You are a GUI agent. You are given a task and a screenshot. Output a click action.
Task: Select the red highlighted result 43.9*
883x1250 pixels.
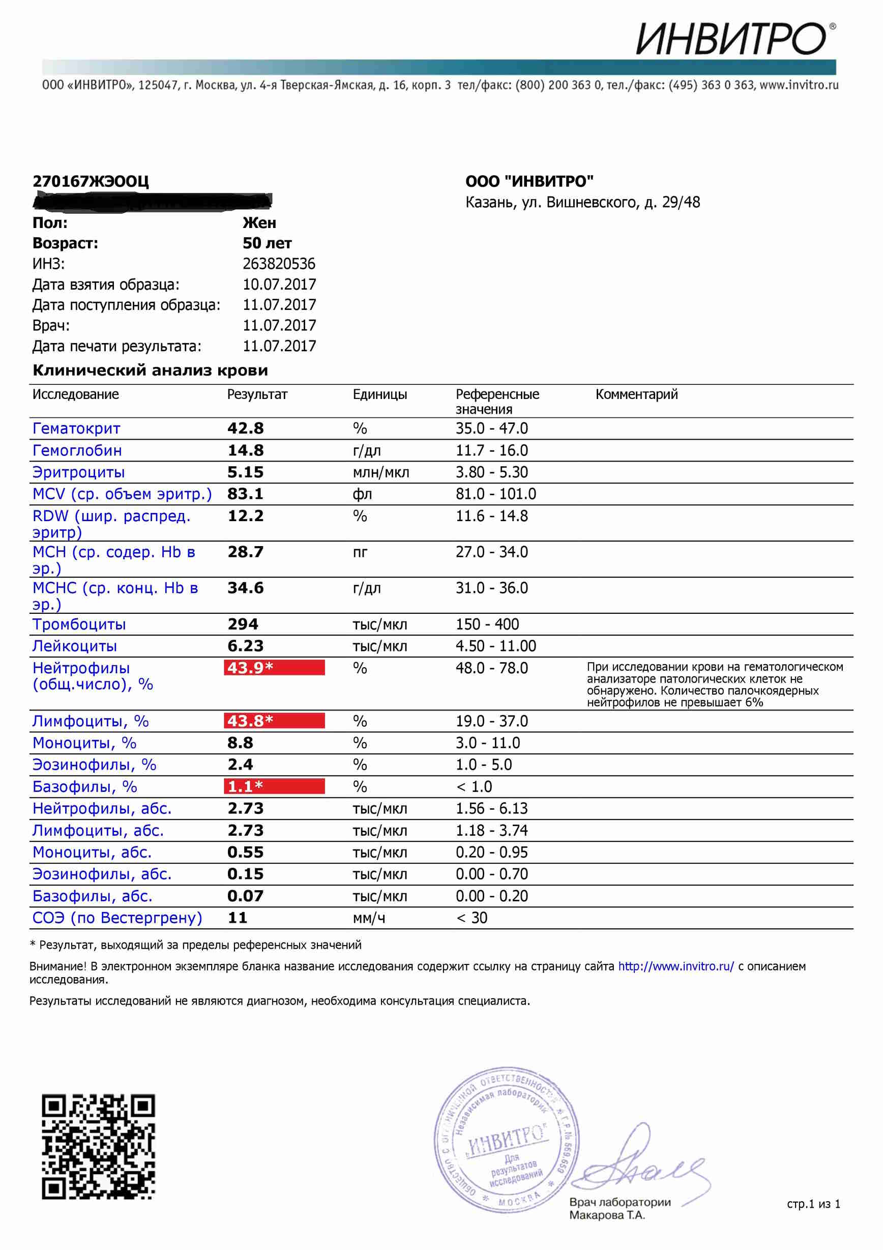point(274,667)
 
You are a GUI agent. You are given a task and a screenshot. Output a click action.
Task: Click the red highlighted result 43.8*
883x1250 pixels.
point(274,721)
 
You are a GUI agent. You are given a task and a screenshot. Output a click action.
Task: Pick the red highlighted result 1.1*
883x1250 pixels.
point(274,786)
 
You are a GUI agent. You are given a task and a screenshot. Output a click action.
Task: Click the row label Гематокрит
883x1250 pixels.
point(76,429)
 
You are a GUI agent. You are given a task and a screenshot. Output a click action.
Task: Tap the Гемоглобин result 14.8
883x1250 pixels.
point(245,450)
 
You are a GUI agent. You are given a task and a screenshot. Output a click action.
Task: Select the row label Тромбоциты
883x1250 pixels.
point(79,624)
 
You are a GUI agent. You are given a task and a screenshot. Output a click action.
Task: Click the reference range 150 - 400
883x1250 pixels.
point(487,624)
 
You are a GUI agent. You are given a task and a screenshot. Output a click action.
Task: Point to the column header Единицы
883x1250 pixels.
point(380,394)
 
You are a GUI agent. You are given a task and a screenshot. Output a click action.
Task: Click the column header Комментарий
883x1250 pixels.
point(636,394)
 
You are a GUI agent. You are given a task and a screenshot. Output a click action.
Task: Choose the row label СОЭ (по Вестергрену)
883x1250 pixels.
point(117,917)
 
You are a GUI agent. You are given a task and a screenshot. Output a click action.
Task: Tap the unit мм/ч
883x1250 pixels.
point(368,918)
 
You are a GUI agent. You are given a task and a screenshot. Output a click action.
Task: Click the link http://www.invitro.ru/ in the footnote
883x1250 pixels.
point(675,967)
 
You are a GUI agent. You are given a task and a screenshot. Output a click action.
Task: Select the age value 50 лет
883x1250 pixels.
point(267,243)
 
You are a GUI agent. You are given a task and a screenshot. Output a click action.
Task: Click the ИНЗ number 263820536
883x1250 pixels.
point(279,264)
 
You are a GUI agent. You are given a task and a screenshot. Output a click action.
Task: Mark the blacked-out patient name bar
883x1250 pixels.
point(152,202)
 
